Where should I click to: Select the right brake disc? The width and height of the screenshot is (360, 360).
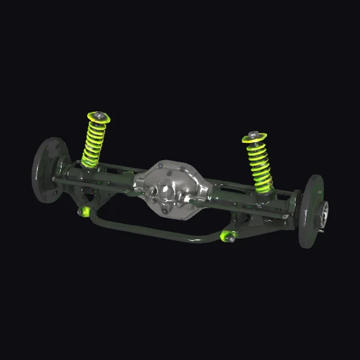point(310,210)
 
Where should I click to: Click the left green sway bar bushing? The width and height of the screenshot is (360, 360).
point(85,211)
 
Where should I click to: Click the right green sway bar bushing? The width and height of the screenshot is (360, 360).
point(226,236)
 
